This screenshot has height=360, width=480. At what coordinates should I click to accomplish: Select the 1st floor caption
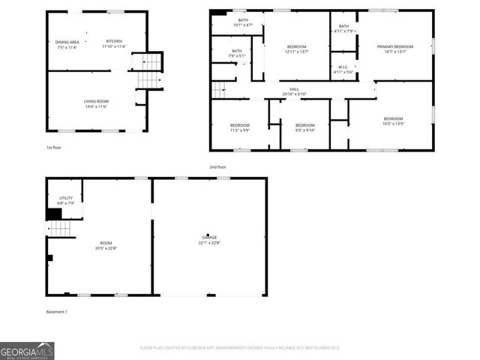[53, 148]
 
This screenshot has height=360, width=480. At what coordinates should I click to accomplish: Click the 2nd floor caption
[217, 166]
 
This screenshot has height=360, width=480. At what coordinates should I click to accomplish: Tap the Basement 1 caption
[57, 311]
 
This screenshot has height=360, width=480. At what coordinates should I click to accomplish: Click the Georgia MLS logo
[27, 350]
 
